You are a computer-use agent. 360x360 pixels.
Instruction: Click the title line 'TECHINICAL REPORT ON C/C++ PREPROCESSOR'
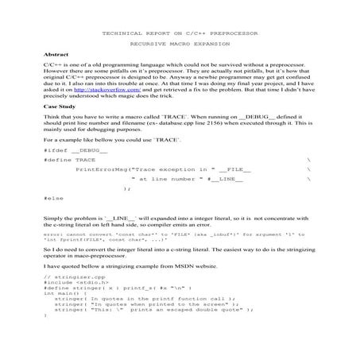tap(180, 34)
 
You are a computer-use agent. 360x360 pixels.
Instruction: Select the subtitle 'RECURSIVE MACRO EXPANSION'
tap(180, 47)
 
